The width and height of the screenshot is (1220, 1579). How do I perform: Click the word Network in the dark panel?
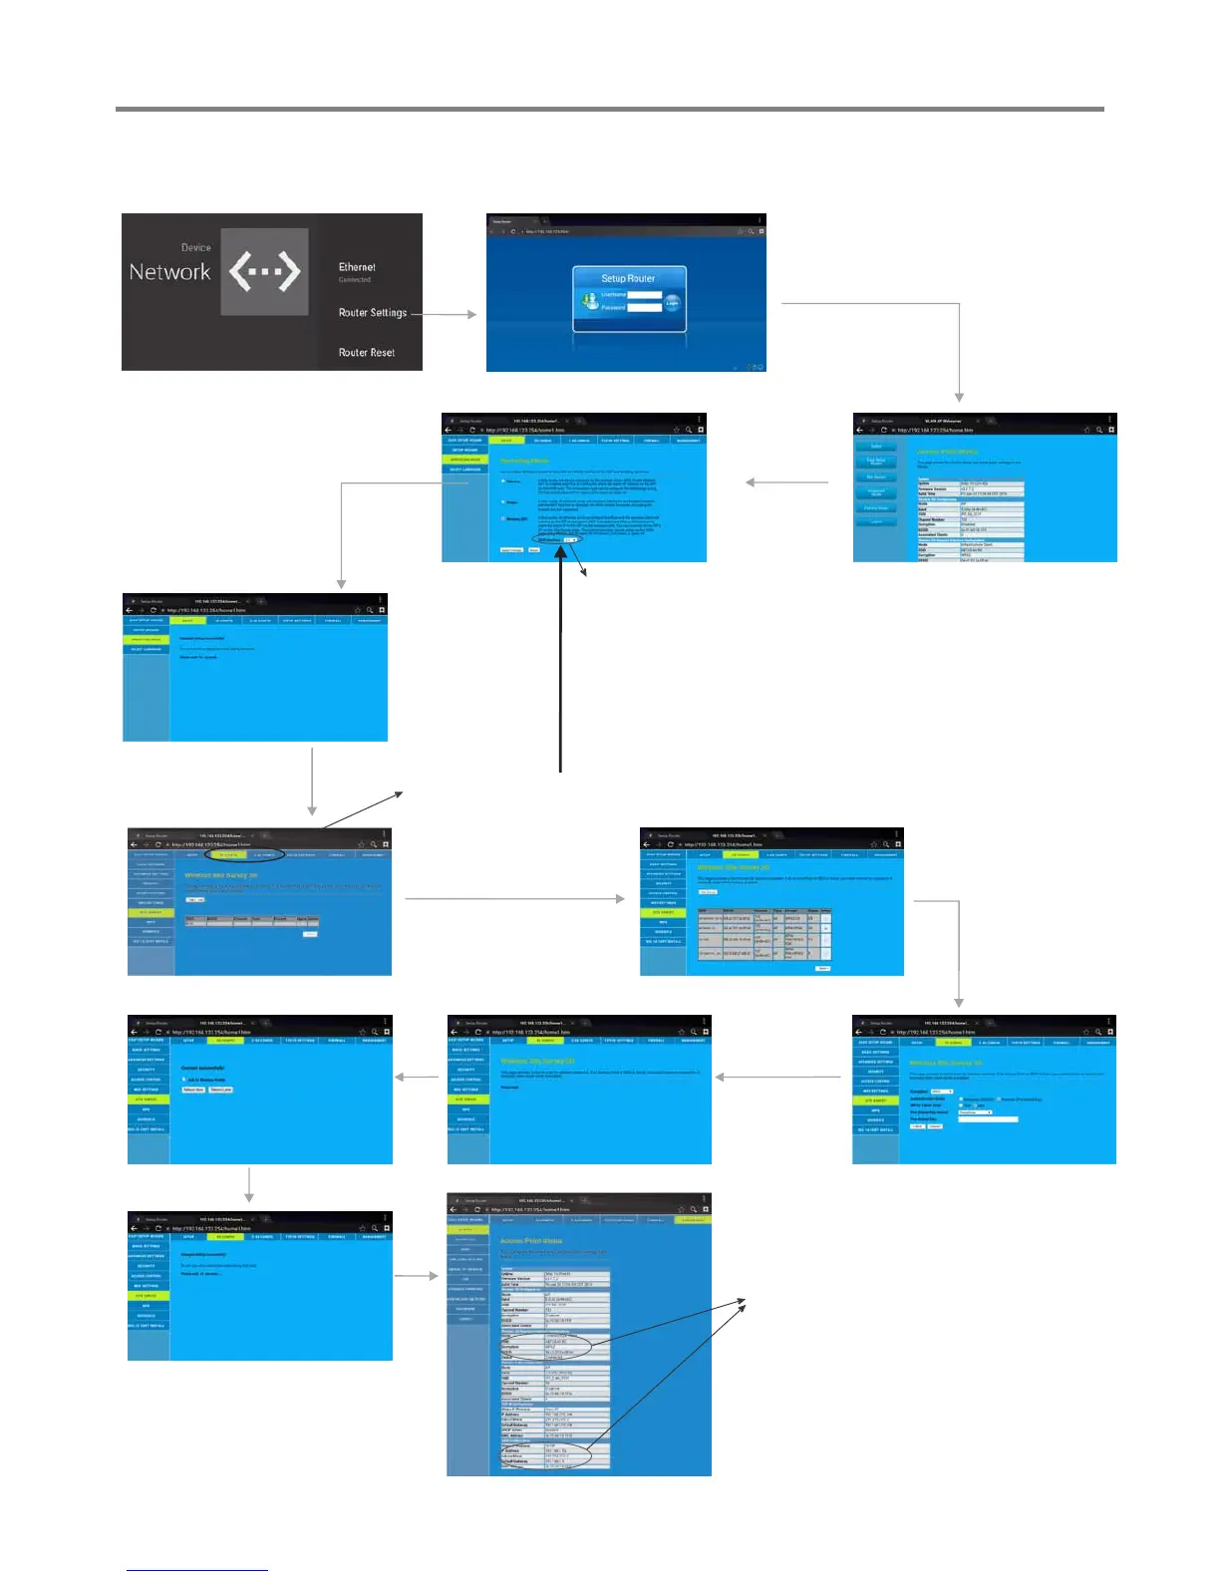click(169, 272)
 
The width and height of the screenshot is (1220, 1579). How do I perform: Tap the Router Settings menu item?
click(372, 313)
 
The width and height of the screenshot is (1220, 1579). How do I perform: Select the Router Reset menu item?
click(366, 353)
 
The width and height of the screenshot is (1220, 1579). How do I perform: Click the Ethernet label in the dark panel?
click(357, 267)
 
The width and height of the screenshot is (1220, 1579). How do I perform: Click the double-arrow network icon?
click(264, 271)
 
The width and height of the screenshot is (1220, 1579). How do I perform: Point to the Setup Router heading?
click(628, 279)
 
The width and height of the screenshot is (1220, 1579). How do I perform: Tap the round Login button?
click(673, 302)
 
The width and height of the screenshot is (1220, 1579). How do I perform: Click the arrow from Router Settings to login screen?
click(445, 314)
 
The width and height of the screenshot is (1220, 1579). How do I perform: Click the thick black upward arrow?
click(561, 658)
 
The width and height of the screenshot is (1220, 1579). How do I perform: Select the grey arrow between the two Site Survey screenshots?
click(514, 899)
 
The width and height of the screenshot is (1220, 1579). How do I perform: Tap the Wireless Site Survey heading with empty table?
click(220, 875)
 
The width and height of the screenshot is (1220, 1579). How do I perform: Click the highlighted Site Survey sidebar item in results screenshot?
click(663, 912)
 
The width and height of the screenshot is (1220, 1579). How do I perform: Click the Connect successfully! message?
click(202, 1069)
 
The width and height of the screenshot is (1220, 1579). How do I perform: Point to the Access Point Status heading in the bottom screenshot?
click(531, 1241)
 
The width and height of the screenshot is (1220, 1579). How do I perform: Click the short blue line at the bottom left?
click(197, 1570)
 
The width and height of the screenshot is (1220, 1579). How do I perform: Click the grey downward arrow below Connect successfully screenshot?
click(249, 1185)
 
